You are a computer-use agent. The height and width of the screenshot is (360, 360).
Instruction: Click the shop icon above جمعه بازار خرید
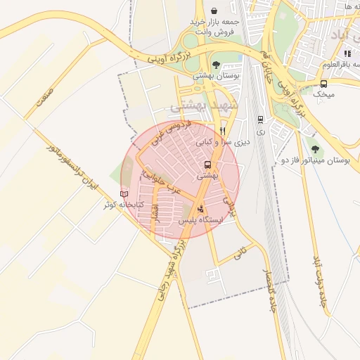(x=214, y=11)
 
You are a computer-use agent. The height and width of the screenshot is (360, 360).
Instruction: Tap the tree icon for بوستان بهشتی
(x=215, y=65)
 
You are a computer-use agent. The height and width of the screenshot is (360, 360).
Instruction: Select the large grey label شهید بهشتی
(x=205, y=107)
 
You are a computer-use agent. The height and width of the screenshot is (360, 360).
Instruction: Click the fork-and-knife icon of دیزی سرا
(x=222, y=131)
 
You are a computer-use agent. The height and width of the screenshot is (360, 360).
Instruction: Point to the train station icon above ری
(x=261, y=119)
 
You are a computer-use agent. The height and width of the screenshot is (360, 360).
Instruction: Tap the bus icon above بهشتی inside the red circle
(x=207, y=165)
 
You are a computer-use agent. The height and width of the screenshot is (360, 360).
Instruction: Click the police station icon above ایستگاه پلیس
(x=202, y=208)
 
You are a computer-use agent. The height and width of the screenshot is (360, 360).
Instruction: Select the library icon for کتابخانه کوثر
(x=124, y=193)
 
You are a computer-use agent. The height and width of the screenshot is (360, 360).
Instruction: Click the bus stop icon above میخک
(x=323, y=83)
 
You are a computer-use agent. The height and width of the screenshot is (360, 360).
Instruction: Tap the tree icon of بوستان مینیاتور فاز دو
(x=315, y=148)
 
